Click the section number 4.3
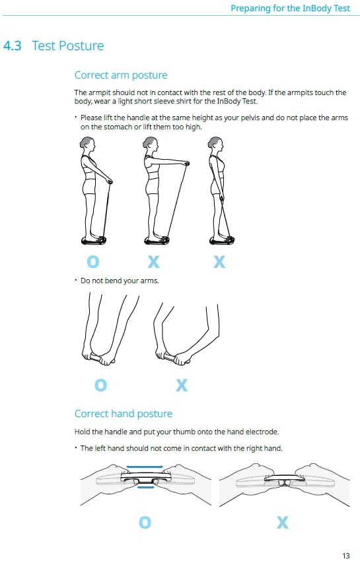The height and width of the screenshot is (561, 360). click(x=12, y=46)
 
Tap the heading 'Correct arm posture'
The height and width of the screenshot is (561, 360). click(x=121, y=75)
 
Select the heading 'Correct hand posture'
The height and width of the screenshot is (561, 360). click(x=124, y=414)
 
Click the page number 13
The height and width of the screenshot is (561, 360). click(x=345, y=556)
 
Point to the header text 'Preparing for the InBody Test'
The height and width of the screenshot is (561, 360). click(x=290, y=8)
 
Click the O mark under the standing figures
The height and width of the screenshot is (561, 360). click(x=93, y=261)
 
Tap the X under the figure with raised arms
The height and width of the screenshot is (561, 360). click(x=154, y=261)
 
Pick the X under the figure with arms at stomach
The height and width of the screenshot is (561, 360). click(x=219, y=261)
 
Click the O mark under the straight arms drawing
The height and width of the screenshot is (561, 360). click(x=100, y=385)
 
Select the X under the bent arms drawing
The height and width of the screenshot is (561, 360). click(x=182, y=385)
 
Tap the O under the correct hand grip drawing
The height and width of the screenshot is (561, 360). click(x=145, y=522)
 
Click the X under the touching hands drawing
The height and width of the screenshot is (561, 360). click(x=283, y=522)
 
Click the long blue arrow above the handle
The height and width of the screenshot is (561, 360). click(x=145, y=467)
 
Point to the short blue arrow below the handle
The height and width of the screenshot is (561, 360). click(x=146, y=487)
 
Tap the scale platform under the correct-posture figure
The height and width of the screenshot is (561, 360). click(x=94, y=240)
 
